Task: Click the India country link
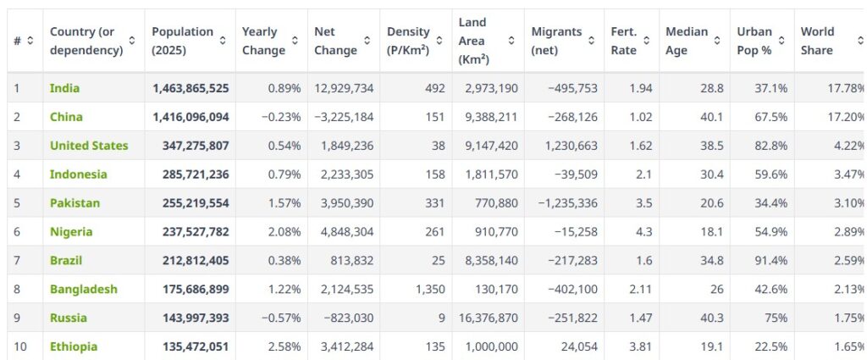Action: point(64,88)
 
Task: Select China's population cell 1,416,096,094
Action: point(191,117)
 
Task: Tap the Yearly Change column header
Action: point(259,41)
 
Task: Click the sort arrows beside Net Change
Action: point(367,41)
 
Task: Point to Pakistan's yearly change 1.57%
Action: point(284,203)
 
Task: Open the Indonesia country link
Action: point(78,174)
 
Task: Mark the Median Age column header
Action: point(687,41)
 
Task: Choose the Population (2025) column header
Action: point(182,41)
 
